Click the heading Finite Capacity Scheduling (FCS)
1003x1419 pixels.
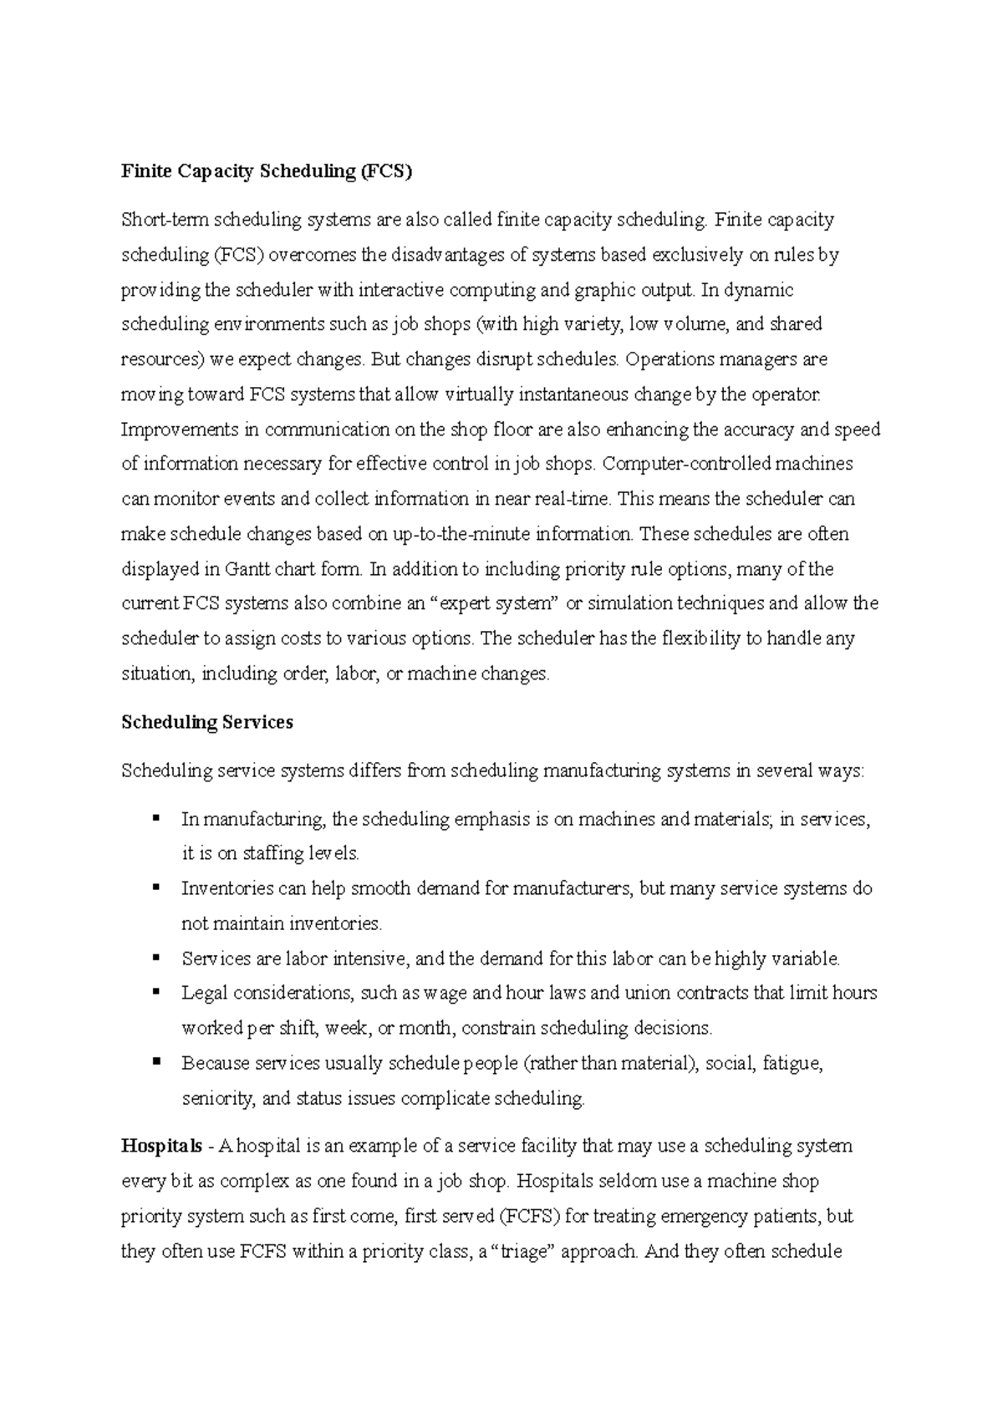tap(267, 171)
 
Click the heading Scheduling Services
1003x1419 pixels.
tap(206, 722)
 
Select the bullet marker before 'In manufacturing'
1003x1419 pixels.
tap(156, 818)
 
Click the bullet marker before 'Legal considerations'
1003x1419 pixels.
tap(156, 992)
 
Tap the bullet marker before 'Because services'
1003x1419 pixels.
tap(156, 1062)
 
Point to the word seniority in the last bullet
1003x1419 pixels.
tap(217, 1098)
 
